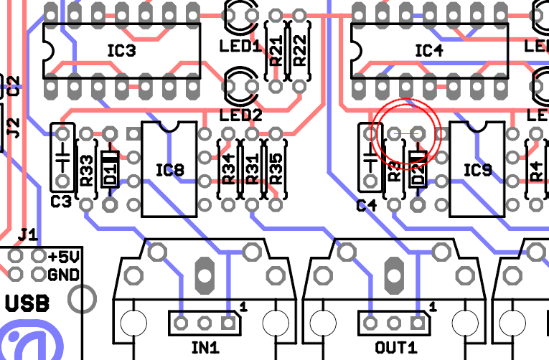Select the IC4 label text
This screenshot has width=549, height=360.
point(429,51)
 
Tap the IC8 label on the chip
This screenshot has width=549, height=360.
point(169,170)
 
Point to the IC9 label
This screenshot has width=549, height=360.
point(477,170)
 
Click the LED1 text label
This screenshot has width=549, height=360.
point(240,47)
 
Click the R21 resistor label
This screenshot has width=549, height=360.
point(276,51)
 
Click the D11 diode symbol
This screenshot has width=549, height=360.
point(110,169)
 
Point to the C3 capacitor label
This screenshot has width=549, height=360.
point(61,202)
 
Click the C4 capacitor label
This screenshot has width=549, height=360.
point(367,206)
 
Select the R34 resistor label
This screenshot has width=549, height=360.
point(228,170)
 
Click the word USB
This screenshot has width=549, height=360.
point(27,304)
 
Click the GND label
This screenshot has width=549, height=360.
point(62,275)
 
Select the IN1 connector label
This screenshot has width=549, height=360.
point(205,348)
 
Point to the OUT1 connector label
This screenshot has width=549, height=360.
point(395,348)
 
